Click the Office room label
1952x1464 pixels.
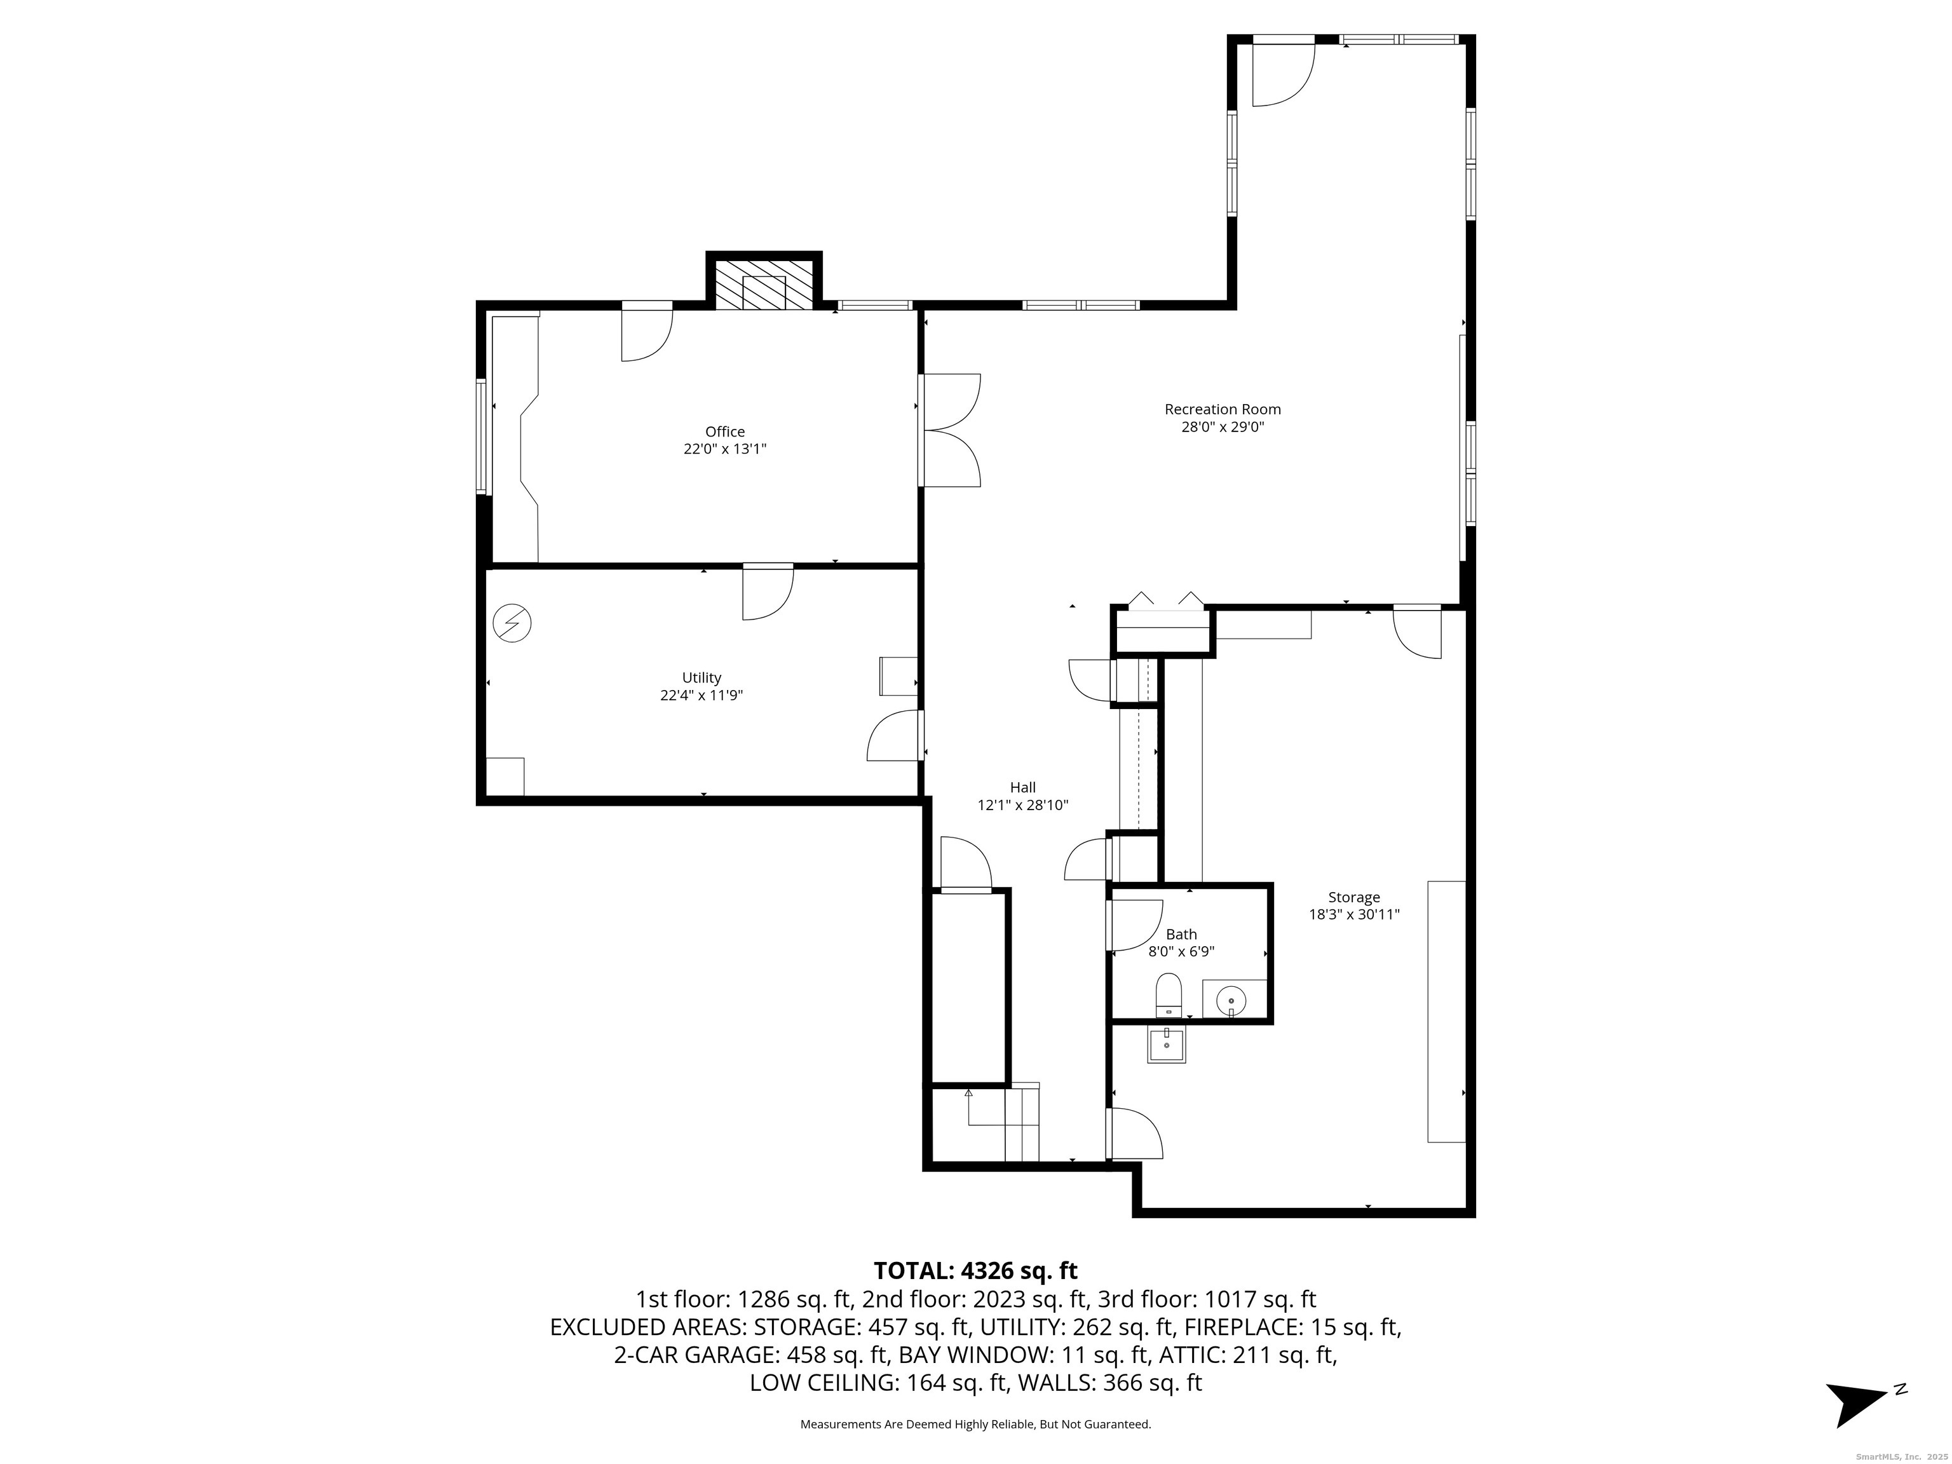point(724,431)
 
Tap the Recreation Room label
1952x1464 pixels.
point(1222,409)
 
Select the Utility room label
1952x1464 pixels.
point(701,678)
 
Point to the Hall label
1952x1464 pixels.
point(1023,787)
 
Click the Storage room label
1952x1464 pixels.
point(1353,897)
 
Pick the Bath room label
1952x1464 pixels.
point(1182,935)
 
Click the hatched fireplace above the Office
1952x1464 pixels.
point(763,284)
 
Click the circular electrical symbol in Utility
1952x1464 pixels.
point(512,623)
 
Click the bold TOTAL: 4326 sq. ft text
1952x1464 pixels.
point(975,1271)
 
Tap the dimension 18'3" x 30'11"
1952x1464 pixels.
point(1353,915)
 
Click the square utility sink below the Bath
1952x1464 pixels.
point(1166,1043)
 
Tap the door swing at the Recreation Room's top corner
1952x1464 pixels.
point(1283,75)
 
